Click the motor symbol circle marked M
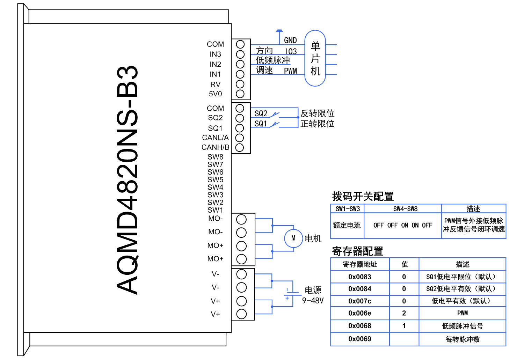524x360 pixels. (x=293, y=238)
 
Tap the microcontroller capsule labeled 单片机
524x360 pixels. (x=315, y=58)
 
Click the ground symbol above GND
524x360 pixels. (x=279, y=31)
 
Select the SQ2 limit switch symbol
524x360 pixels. (x=276, y=113)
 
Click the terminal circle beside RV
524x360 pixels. (x=240, y=84)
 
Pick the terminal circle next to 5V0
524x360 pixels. (x=240, y=94)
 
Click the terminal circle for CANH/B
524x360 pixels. (x=240, y=147)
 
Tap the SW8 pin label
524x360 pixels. (x=215, y=157)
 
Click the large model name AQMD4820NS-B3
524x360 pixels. (x=127, y=180)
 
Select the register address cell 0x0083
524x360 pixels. (x=360, y=277)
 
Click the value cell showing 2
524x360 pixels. (x=404, y=313)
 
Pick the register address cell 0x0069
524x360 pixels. (x=360, y=339)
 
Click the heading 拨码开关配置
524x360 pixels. (x=363, y=197)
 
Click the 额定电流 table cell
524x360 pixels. (x=347, y=226)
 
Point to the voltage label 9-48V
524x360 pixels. (x=313, y=301)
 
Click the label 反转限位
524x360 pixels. (x=317, y=113)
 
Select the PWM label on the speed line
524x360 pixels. (x=290, y=71)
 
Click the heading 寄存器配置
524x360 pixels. (x=357, y=251)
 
